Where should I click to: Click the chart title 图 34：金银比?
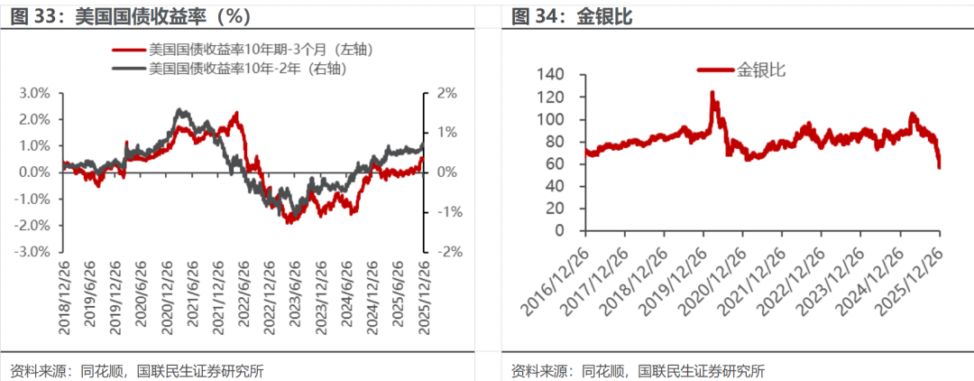coord(564,17)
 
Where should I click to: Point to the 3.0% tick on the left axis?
coord(35,93)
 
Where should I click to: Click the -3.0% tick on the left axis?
coord(33,252)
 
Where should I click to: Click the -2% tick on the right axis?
coord(446,252)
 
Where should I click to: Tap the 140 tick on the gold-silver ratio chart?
coord(549,75)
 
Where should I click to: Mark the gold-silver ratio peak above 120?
coord(712,92)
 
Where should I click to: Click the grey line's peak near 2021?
coord(181,110)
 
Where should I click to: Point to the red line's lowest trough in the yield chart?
coord(289,222)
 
